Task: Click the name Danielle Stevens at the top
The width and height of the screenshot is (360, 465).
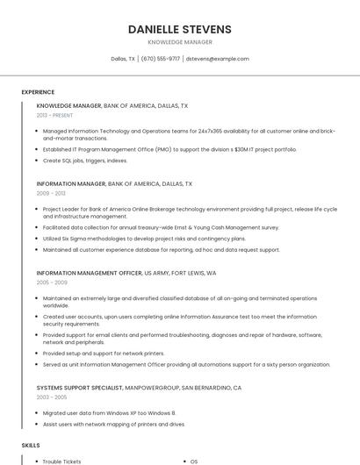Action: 179,29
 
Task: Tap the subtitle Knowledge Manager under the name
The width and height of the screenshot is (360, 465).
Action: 179,41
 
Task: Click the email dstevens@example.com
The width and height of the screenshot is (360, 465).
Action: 218,59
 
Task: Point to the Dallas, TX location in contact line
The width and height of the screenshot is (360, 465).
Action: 123,59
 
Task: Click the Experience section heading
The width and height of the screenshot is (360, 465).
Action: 38,92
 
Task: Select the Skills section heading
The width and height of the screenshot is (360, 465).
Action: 31,447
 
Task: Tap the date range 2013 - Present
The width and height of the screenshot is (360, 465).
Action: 54,115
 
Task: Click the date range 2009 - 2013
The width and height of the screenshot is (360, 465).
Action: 51,193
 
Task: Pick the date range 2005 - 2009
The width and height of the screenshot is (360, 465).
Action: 52,283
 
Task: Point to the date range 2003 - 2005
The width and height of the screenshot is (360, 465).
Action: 52,397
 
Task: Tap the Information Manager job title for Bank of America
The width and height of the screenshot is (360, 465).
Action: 70,184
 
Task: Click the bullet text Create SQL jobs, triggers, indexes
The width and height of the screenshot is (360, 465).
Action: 85,161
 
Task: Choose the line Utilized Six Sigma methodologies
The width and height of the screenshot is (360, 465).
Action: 144,238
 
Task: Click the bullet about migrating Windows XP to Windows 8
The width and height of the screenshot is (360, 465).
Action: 110,412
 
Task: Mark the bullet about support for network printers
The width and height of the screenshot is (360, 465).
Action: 104,353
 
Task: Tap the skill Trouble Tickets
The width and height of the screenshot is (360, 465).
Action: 61,461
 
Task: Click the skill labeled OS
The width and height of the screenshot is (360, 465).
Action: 194,461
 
